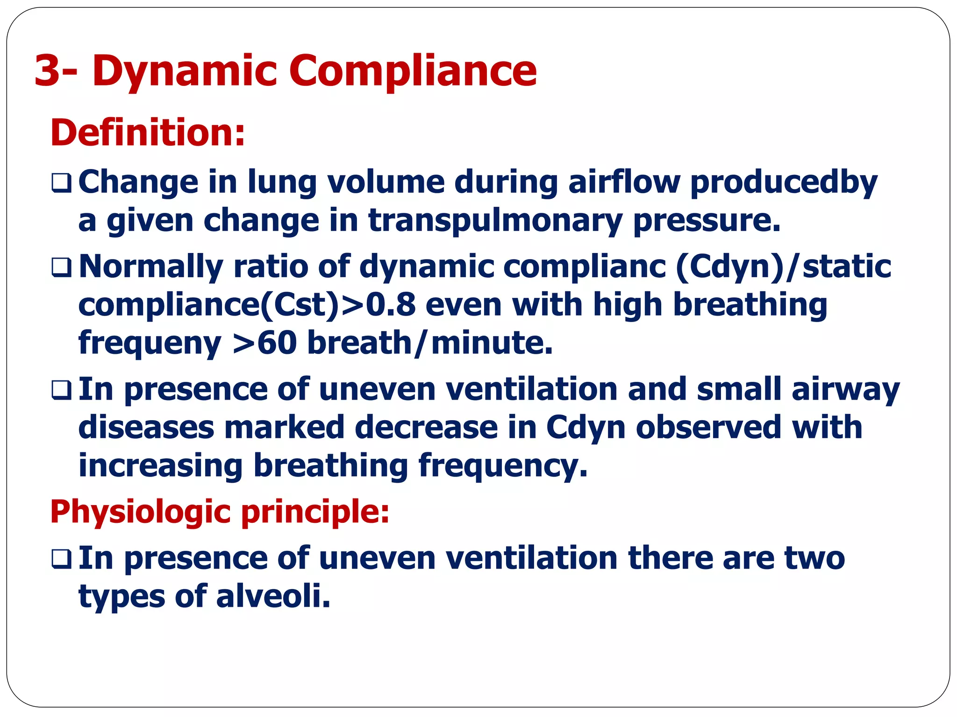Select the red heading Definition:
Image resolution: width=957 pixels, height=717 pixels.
click(148, 133)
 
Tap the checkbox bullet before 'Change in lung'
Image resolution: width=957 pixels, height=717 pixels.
click(61, 183)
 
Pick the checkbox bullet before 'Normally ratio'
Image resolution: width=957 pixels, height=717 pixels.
click(61, 267)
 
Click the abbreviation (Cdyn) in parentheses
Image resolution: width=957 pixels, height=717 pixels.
click(729, 267)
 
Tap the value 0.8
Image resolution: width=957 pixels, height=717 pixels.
click(391, 305)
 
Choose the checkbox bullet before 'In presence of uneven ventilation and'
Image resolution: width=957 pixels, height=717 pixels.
click(61, 390)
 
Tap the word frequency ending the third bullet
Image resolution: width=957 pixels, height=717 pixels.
click(503, 466)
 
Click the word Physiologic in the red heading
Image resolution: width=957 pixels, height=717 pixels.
click(140, 512)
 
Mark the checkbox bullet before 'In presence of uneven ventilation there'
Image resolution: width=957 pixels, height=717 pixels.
click(61, 559)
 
